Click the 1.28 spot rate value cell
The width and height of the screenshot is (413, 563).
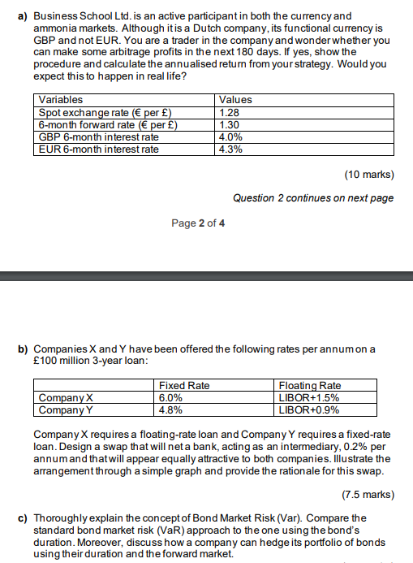[229, 112]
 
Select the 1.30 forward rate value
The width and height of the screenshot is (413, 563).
[229, 124]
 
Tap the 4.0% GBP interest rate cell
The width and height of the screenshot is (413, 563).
[230, 136]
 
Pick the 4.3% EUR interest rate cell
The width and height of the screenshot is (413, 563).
[230, 149]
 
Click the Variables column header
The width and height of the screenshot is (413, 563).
[61, 99]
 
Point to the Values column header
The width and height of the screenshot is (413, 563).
[235, 99]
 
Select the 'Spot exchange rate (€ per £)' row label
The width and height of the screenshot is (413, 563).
[105, 112]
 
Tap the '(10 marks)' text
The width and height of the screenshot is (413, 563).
[368, 174]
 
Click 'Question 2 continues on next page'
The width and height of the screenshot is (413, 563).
[312, 197]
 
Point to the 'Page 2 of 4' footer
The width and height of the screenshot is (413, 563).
[199, 223]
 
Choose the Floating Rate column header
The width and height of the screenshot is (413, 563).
[309, 386]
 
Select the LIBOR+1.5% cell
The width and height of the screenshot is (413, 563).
[308, 398]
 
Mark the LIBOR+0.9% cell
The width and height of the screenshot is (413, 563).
[308, 409]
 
